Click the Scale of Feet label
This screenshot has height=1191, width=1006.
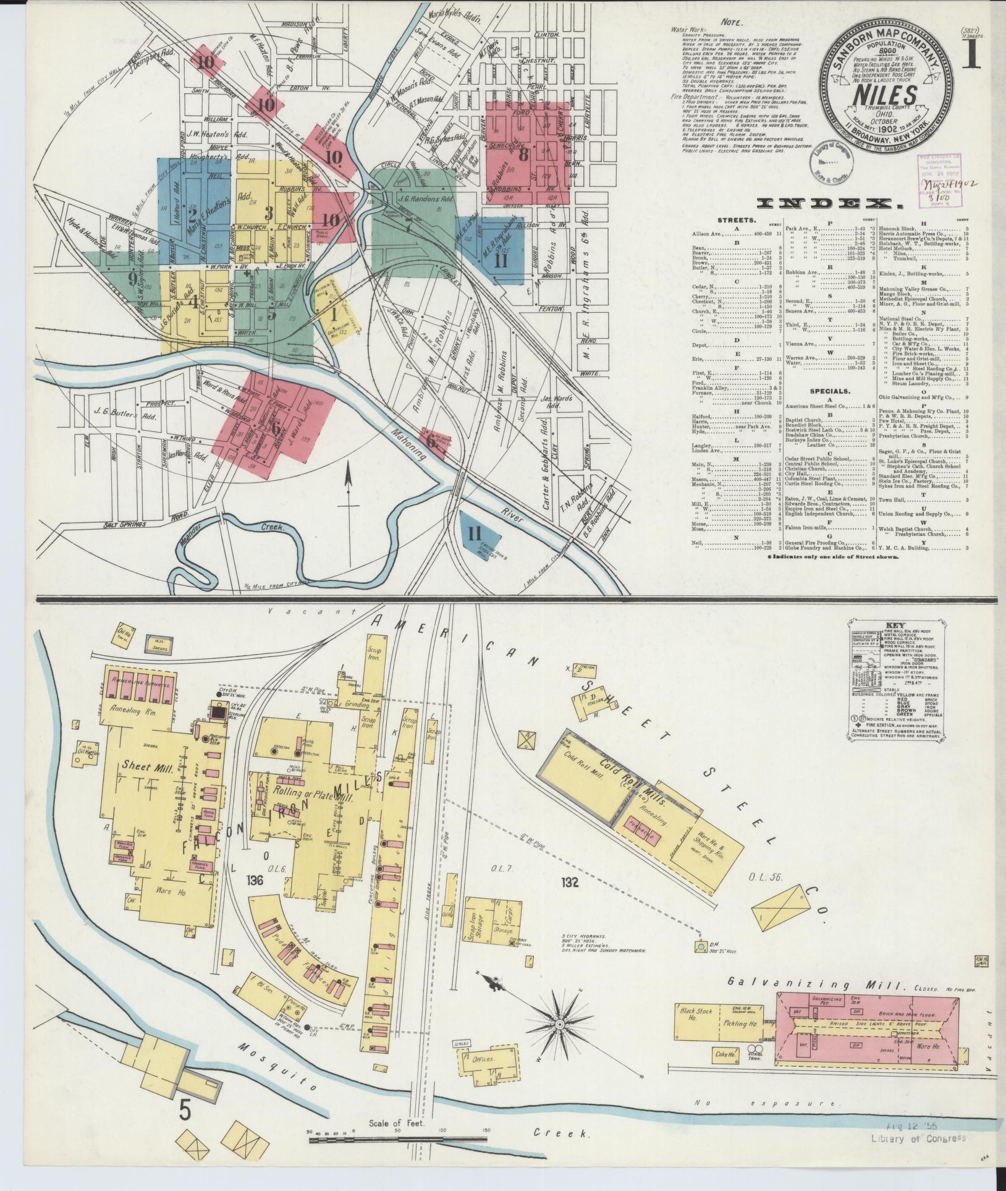[x=396, y=1123]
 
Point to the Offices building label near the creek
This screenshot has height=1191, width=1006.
[x=483, y=1060]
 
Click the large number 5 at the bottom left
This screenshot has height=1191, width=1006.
[x=184, y=1110]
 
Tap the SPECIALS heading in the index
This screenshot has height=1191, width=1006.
[x=826, y=391]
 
